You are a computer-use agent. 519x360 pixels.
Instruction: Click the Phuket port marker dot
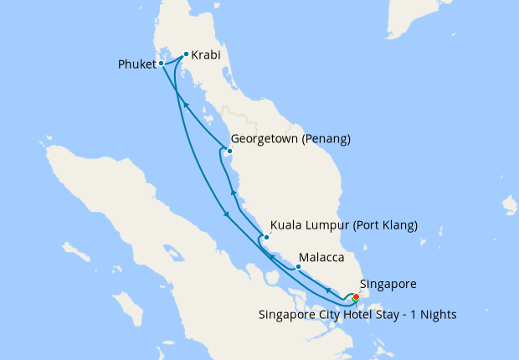pos(162,63)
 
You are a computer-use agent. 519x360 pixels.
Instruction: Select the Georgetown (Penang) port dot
pos(229,152)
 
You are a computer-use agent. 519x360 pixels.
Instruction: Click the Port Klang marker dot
pos(266,238)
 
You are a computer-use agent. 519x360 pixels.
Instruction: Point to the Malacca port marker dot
pos(298,267)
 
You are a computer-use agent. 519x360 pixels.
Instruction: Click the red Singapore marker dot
pos(356,296)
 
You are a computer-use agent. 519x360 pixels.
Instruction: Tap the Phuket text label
pos(136,64)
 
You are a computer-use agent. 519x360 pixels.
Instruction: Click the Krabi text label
pos(205,55)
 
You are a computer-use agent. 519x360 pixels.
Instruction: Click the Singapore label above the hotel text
pos(387,284)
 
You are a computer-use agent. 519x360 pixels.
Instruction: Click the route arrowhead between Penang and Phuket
pos(186,105)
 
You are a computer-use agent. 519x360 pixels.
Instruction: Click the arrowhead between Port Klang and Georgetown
pos(234,194)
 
